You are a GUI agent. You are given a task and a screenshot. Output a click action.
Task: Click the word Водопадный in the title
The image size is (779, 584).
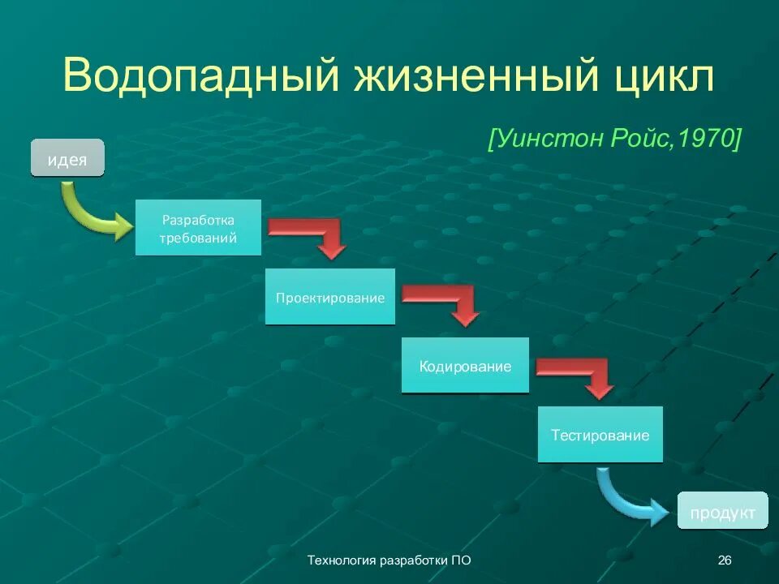[200, 77]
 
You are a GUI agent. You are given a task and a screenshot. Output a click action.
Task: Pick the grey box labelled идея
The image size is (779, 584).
[67, 159]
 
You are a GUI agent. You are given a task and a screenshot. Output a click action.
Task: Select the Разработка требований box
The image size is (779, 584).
[198, 229]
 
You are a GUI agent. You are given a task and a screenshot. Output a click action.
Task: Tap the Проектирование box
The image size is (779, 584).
[329, 297]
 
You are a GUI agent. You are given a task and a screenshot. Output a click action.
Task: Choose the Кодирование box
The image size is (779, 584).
[465, 366]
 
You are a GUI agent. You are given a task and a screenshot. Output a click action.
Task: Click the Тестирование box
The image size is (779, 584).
[600, 435]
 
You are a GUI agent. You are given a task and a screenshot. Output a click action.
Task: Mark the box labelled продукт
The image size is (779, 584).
[722, 512]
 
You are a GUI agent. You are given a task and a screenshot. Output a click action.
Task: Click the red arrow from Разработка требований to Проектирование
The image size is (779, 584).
[312, 234]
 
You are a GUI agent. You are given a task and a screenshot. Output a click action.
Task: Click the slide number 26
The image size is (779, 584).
[725, 560]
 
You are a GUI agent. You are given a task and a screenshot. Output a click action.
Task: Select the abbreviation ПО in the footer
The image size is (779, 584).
[460, 560]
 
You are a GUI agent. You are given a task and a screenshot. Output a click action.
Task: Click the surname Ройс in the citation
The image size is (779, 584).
[639, 139]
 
